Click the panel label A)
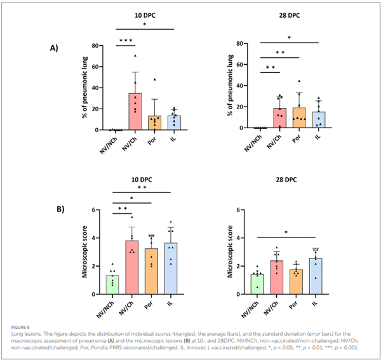54,47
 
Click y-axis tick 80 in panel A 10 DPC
94,46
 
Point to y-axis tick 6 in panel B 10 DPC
95,210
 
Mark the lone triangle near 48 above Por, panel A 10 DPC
154,79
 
